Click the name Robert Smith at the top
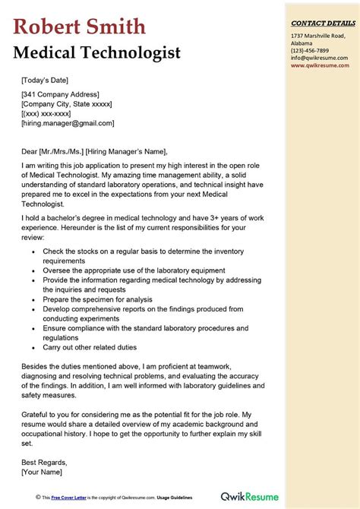coord(78,27)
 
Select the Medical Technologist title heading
coord(96,53)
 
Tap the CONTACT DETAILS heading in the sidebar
coord(322,24)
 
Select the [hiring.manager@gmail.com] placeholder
coord(68,122)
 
